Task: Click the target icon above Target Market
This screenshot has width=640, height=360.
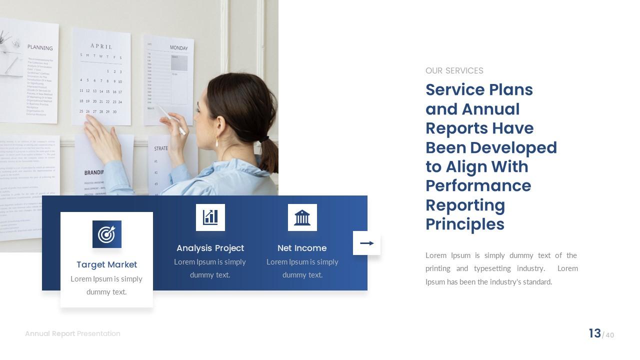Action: coord(106,234)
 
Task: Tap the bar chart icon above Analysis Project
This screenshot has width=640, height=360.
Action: coord(210,217)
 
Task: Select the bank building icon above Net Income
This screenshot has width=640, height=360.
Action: coord(302,217)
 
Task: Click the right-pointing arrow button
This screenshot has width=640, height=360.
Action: coord(366,243)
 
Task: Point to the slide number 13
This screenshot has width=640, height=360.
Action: coord(594,333)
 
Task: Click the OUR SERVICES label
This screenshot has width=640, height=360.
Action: coord(454,70)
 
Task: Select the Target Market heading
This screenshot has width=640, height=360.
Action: coord(106,264)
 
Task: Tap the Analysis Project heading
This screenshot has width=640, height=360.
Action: coord(210,248)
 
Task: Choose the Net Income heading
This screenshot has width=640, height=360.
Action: coord(302,248)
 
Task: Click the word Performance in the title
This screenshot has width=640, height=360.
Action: coord(478,185)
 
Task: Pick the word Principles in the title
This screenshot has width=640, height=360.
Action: coord(464,224)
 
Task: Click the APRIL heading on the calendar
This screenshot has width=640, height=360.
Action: coord(101,46)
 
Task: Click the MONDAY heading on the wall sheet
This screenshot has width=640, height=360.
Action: coord(178,48)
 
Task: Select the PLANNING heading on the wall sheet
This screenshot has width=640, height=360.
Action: coord(40,47)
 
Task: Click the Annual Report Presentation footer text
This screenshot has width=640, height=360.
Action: coord(72,333)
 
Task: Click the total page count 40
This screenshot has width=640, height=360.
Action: coord(609,335)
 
